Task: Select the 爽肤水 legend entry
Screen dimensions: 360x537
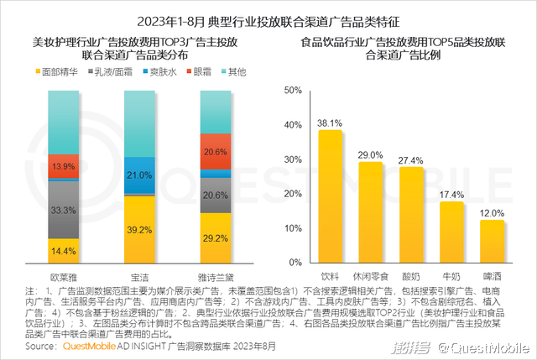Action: click(x=161, y=73)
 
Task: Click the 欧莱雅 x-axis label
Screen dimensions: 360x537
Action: click(x=65, y=274)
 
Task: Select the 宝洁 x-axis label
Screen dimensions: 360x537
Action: click(x=140, y=274)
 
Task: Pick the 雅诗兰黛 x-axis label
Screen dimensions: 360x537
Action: click(x=216, y=274)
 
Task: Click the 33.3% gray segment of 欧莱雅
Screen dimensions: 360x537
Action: click(x=65, y=209)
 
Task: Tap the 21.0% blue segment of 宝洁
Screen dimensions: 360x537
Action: click(x=140, y=175)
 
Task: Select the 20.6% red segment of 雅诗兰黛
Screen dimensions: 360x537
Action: click(x=216, y=152)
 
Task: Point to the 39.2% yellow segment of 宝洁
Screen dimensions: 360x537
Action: click(x=140, y=229)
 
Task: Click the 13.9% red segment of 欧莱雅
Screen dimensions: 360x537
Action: click(x=65, y=166)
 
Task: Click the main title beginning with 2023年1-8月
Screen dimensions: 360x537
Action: click(x=268, y=18)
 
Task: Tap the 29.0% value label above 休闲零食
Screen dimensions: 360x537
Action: click(x=370, y=154)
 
